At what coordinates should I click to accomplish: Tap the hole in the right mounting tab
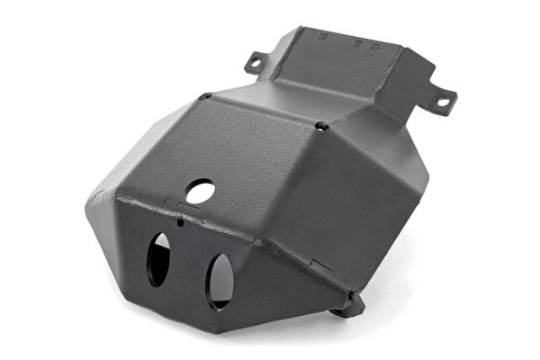443,102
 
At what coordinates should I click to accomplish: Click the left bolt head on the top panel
206,95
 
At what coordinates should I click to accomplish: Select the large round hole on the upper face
201,191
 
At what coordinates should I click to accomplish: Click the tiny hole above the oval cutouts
180,221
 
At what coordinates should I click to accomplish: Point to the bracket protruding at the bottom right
348,306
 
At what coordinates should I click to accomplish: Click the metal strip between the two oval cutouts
186,270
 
